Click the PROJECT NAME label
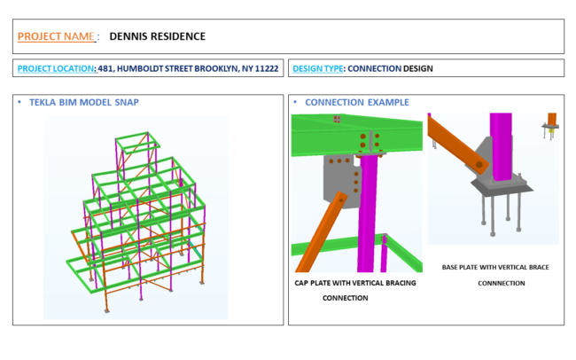[55, 36]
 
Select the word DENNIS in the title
[129, 36]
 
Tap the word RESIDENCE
[179, 36]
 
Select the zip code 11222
[267, 68]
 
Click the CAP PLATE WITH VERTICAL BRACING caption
[354, 284]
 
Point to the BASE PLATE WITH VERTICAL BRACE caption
[494, 267]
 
